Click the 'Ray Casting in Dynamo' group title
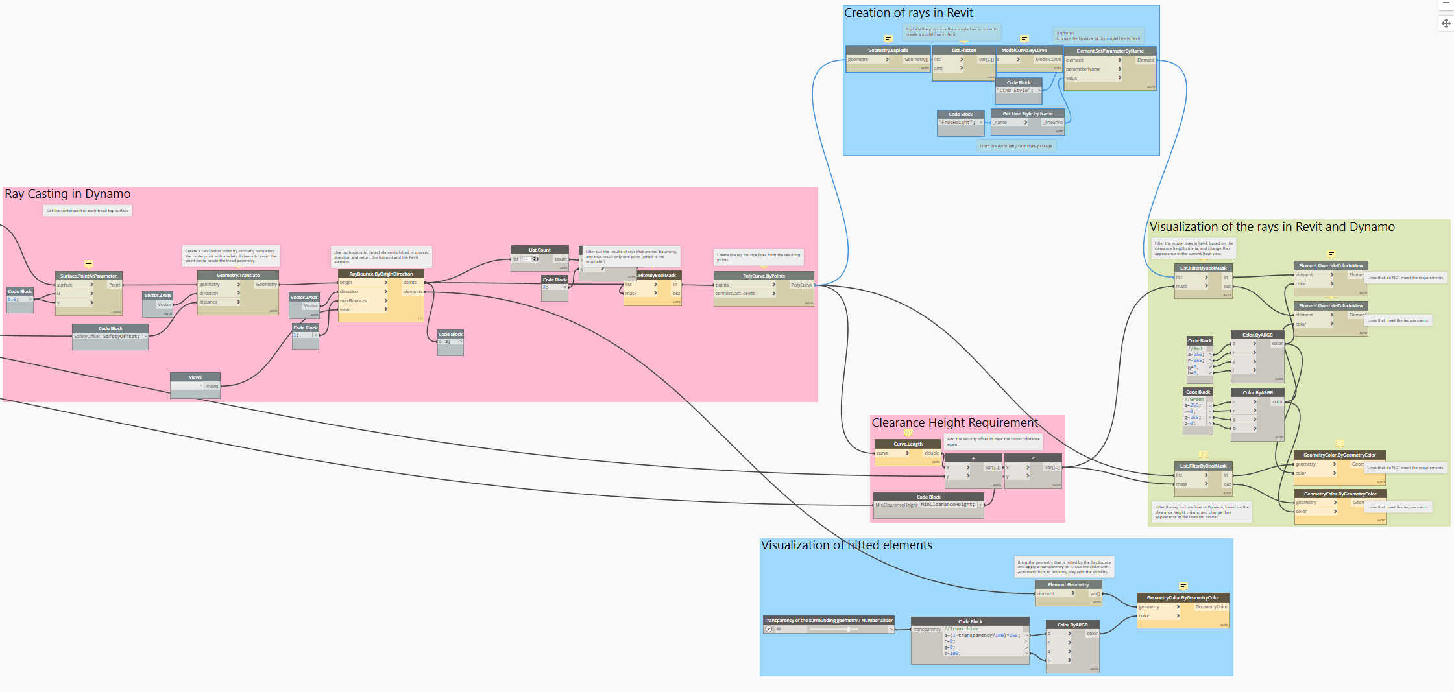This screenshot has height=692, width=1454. click(67, 194)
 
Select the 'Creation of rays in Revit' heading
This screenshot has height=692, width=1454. click(908, 13)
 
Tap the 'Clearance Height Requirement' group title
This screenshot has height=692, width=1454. click(954, 423)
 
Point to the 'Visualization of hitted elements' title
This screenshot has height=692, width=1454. click(847, 545)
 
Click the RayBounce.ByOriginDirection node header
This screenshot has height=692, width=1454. click(381, 274)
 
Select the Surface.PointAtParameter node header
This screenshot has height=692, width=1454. click(89, 276)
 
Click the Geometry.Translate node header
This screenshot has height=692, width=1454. click(238, 276)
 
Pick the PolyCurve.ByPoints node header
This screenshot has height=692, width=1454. click(764, 276)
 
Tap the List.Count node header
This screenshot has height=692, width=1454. click(539, 250)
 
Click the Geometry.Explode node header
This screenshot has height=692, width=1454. click(888, 50)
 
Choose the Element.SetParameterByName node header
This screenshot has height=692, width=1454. click(1110, 51)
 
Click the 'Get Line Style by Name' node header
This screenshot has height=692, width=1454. click(1028, 113)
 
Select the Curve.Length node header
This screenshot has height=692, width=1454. click(908, 444)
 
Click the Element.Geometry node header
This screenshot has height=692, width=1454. click(1069, 584)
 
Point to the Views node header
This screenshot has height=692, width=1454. click(195, 377)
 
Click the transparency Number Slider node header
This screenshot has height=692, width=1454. click(829, 620)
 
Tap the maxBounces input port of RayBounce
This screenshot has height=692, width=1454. click(354, 301)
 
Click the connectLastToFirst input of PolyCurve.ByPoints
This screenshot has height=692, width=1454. click(736, 294)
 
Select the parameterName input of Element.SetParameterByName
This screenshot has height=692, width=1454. click(1084, 69)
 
